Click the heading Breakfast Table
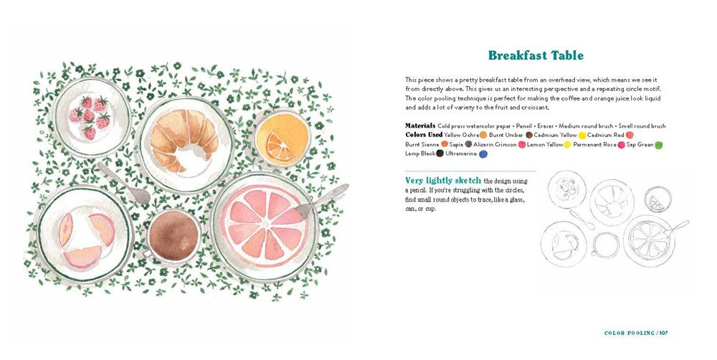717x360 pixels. [536, 56]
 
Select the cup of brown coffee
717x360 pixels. [173, 236]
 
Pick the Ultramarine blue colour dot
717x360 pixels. [483, 154]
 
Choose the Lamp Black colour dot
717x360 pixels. [440, 153]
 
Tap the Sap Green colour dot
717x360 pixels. [658, 145]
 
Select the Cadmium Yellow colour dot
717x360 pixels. [582, 136]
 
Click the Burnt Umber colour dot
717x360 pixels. [529, 135]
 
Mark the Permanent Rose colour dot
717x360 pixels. [622, 145]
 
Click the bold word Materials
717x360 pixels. [420, 125]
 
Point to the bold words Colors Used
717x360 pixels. [424, 135]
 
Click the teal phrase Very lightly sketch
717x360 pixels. [443, 181]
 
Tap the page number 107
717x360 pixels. [663, 333]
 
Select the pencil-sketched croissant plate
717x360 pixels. [612, 202]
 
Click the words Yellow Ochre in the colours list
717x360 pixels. [461, 135]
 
